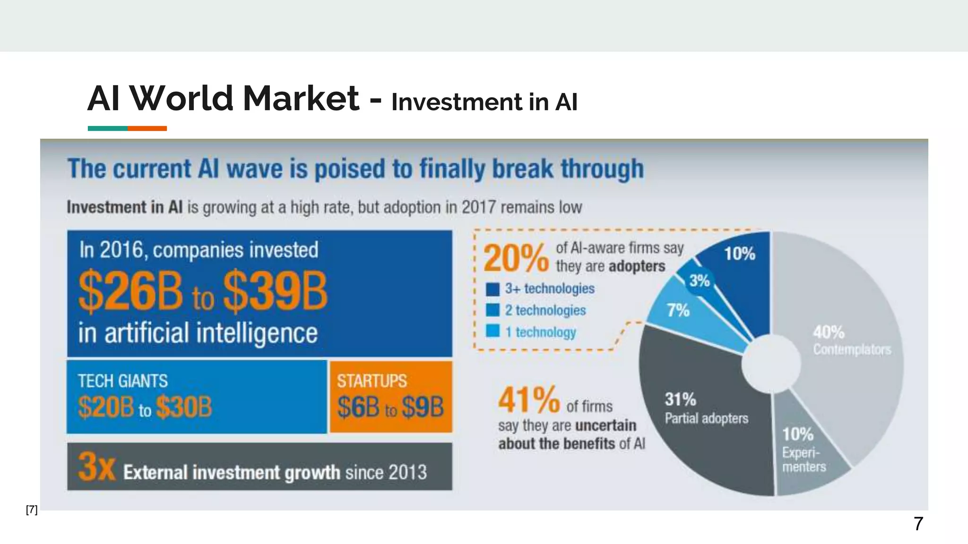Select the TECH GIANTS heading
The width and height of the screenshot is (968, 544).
point(123,381)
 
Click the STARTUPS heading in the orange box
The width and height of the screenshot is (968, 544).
point(372,381)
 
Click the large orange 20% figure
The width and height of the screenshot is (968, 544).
point(516,259)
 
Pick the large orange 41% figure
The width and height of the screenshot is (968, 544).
point(529,400)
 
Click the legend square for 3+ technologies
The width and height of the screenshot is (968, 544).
point(493,289)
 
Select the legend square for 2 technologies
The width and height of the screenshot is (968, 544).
point(493,310)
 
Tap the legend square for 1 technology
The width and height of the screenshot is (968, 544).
point(493,331)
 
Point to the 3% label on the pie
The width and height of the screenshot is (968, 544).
point(700,281)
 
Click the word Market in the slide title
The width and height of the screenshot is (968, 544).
point(301,99)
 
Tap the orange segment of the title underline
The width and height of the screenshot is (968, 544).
point(147,128)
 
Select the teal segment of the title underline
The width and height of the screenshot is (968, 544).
point(107,128)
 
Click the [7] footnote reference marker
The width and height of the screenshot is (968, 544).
point(32,510)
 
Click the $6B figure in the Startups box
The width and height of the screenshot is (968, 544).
point(358,407)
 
